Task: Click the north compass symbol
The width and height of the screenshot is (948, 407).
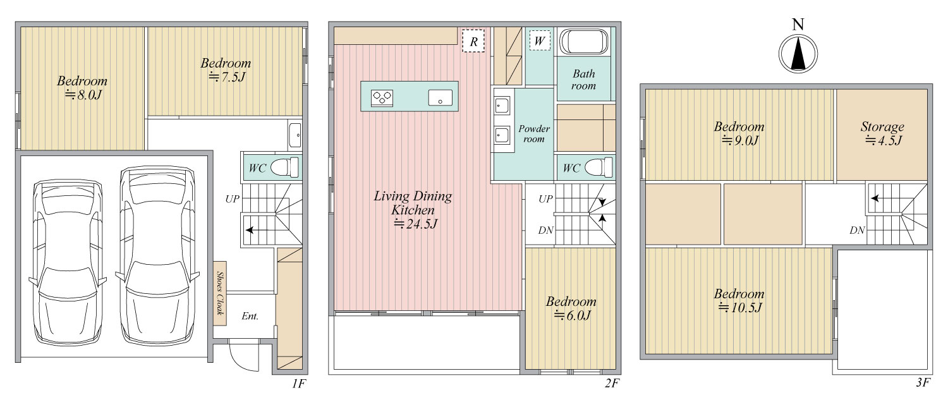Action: pos(798,54)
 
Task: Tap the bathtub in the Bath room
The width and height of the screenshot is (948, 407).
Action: pos(583,42)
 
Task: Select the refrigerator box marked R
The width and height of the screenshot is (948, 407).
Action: pos(473,41)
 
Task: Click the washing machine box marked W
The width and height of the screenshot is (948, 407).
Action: pos(540,40)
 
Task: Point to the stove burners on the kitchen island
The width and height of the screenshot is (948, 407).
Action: pos(382,98)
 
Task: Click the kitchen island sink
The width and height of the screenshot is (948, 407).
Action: pos(440,98)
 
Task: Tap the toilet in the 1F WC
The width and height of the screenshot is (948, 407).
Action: pos(284,167)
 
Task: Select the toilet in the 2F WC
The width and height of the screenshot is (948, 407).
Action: pos(599,167)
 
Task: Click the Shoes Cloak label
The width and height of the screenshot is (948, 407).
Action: pos(220,293)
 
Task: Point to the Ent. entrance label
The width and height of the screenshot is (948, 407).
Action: pos(250,316)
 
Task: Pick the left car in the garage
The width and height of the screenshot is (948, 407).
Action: pos(68,262)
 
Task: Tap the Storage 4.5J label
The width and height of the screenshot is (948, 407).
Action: pos(882,133)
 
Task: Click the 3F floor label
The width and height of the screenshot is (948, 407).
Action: pos(923,382)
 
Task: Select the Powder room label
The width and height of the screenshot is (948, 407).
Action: pos(533,134)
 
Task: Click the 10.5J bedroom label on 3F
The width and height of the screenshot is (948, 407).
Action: pos(739,300)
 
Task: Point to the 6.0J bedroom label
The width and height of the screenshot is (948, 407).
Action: pos(571,308)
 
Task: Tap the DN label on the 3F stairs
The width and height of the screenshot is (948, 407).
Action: pos(857,231)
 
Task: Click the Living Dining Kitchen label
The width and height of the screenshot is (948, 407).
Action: pos(413,209)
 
